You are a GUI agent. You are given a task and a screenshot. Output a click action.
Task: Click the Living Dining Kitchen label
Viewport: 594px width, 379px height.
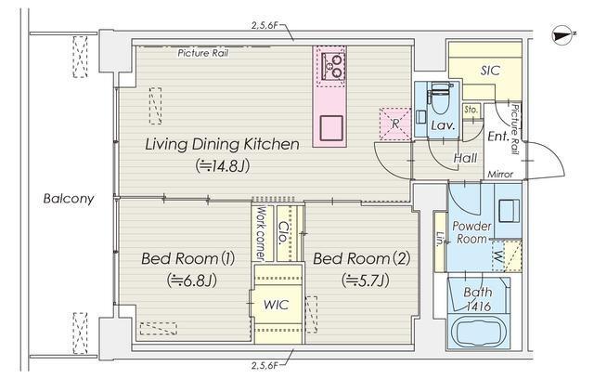tap(222, 144)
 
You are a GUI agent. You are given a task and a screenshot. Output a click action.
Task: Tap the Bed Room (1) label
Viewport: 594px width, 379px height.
tap(187, 259)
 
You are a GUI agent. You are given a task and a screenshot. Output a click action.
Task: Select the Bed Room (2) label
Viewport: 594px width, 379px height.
tap(362, 259)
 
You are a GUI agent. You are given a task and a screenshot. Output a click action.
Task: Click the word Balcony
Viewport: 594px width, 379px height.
tap(69, 199)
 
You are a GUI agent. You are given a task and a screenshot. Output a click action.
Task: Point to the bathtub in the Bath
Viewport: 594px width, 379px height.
tap(479, 332)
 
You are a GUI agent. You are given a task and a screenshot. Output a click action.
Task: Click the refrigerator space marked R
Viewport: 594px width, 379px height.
tap(395, 124)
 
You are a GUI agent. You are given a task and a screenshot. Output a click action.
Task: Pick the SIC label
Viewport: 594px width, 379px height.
tap(490, 71)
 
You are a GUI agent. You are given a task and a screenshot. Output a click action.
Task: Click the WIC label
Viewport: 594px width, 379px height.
tap(277, 305)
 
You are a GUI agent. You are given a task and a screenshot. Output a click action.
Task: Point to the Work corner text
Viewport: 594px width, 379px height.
tap(261, 233)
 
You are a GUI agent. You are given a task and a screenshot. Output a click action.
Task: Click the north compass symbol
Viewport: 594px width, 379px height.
tap(563, 35)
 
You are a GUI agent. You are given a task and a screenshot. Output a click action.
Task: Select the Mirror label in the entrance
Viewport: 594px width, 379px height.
tap(500, 175)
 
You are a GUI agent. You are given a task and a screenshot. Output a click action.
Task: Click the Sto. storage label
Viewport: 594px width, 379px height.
tap(471, 110)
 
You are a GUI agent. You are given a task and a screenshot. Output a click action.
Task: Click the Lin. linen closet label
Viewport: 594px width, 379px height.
tap(440, 239)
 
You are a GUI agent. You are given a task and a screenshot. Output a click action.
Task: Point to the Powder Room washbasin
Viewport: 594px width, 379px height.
tap(509, 211)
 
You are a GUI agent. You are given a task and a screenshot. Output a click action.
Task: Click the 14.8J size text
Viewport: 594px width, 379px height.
tap(223, 165)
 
